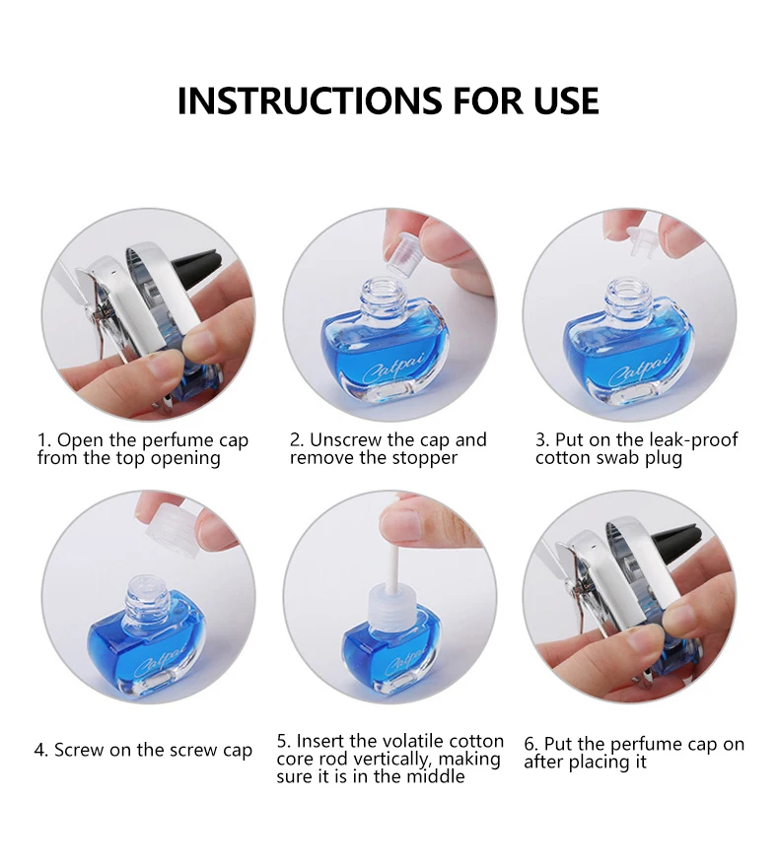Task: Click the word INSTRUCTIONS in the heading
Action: [309, 100]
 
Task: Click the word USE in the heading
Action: [566, 100]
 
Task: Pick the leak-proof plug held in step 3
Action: [641, 242]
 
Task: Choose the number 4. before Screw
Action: [40, 750]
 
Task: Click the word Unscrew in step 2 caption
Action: [345, 439]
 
